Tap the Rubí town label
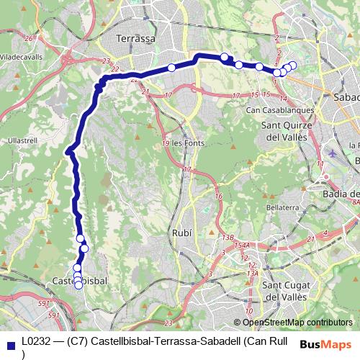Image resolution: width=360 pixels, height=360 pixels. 182,233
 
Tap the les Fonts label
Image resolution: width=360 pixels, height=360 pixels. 189,143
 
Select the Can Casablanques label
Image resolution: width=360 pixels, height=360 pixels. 280,110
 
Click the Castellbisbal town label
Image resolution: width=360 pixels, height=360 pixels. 79,279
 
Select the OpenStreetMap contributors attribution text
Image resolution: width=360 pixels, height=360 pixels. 297,323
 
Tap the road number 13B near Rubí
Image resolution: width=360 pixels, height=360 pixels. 228,237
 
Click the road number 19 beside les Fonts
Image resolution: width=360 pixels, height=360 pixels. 166,143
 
